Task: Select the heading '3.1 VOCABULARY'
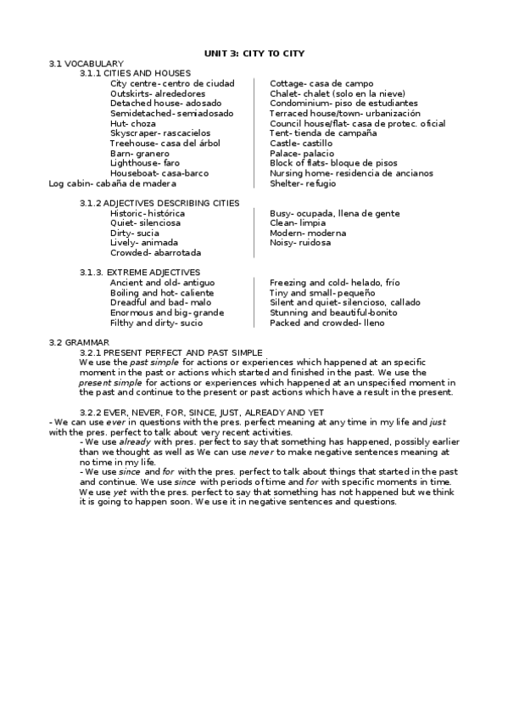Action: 87,64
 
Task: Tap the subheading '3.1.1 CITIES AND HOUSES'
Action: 135,74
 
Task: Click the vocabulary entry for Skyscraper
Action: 160,133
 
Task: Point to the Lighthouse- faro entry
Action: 145,163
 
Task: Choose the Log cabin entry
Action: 113,183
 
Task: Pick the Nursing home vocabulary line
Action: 351,173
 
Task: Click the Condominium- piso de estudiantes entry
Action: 343,104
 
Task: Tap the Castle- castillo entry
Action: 302,143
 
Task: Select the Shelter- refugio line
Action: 303,183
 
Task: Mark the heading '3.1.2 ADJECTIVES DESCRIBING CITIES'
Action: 159,203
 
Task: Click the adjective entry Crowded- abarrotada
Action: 156,253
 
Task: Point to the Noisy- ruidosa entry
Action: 300,243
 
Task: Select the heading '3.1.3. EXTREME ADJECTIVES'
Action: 140,273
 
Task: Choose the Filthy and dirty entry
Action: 156,323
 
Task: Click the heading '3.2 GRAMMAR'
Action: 79,342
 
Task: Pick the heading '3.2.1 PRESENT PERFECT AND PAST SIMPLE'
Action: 171,352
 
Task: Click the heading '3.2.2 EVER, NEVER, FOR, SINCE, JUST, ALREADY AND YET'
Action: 202,412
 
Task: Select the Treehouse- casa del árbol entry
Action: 164,143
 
